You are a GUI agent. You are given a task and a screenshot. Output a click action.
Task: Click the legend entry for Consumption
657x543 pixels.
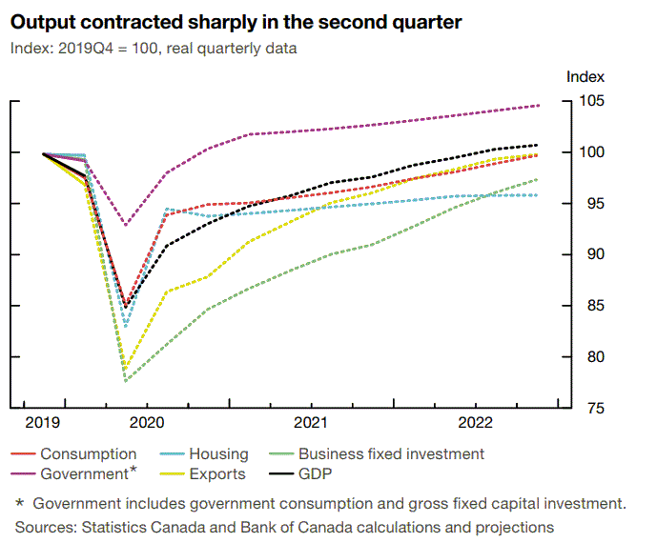88,454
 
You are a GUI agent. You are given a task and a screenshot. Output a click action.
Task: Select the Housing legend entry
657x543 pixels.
218,454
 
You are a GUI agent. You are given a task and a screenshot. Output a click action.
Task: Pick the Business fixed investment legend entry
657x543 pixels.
391,454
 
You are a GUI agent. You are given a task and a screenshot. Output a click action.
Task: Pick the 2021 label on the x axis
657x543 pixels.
311,422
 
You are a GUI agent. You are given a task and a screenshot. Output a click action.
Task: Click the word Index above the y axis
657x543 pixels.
585,76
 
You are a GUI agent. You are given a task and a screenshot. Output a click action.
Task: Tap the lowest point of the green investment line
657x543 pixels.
126,380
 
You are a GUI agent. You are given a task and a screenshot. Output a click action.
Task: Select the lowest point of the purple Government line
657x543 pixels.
126,225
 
